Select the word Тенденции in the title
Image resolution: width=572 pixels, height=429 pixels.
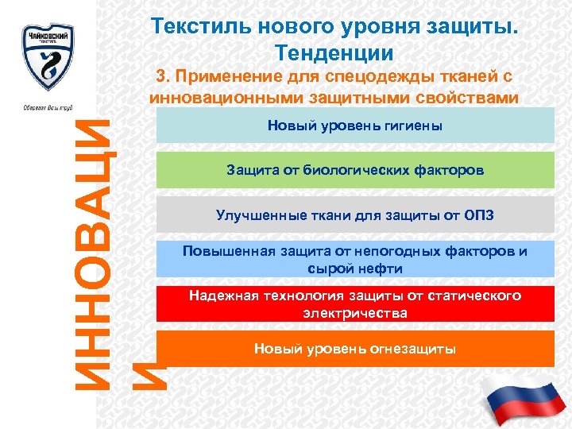click(334, 53)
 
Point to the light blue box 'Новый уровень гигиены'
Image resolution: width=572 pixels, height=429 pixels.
click(354, 126)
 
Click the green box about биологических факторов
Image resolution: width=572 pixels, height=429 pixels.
click(354, 170)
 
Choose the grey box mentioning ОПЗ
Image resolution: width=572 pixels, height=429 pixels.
click(354, 214)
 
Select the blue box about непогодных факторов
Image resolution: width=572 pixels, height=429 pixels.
click(354, 260)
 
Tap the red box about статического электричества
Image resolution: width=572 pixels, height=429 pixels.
click(354, 304)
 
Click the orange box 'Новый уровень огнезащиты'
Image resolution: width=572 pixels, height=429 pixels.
click(354, 349)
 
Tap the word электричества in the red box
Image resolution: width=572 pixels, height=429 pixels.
click(354, 313)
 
